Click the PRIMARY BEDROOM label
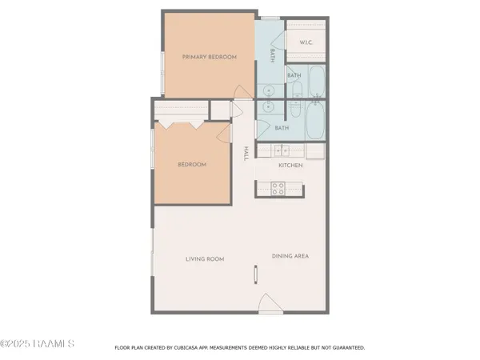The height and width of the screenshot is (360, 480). tap(203, 56)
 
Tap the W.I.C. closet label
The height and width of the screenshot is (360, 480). tap(306, 42)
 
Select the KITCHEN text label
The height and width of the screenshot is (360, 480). tap(289, 165)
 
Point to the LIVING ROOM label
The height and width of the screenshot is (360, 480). tap(205, 258)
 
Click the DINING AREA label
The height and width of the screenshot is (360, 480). tap(290, 256)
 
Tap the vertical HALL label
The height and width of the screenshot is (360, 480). tap(247, 153)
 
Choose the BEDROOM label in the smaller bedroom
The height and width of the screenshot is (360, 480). tap(192, 164)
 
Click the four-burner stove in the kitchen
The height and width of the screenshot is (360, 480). tap(278, 189)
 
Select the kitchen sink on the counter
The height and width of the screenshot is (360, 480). tap(282, 150)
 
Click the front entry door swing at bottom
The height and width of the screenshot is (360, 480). tap(268, 304)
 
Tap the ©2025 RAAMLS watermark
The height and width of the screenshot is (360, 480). tap(38, 344)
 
